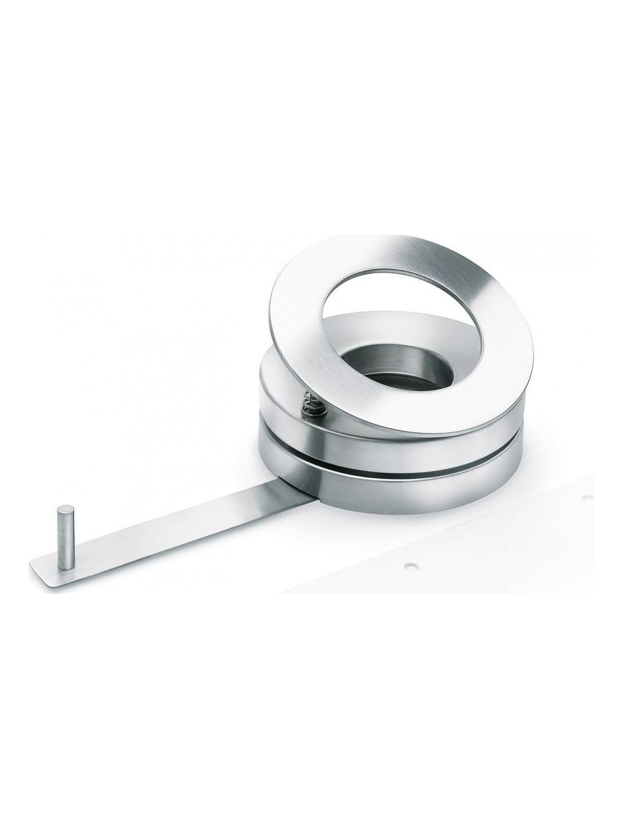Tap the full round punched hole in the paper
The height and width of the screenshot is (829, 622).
coord(410,566)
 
